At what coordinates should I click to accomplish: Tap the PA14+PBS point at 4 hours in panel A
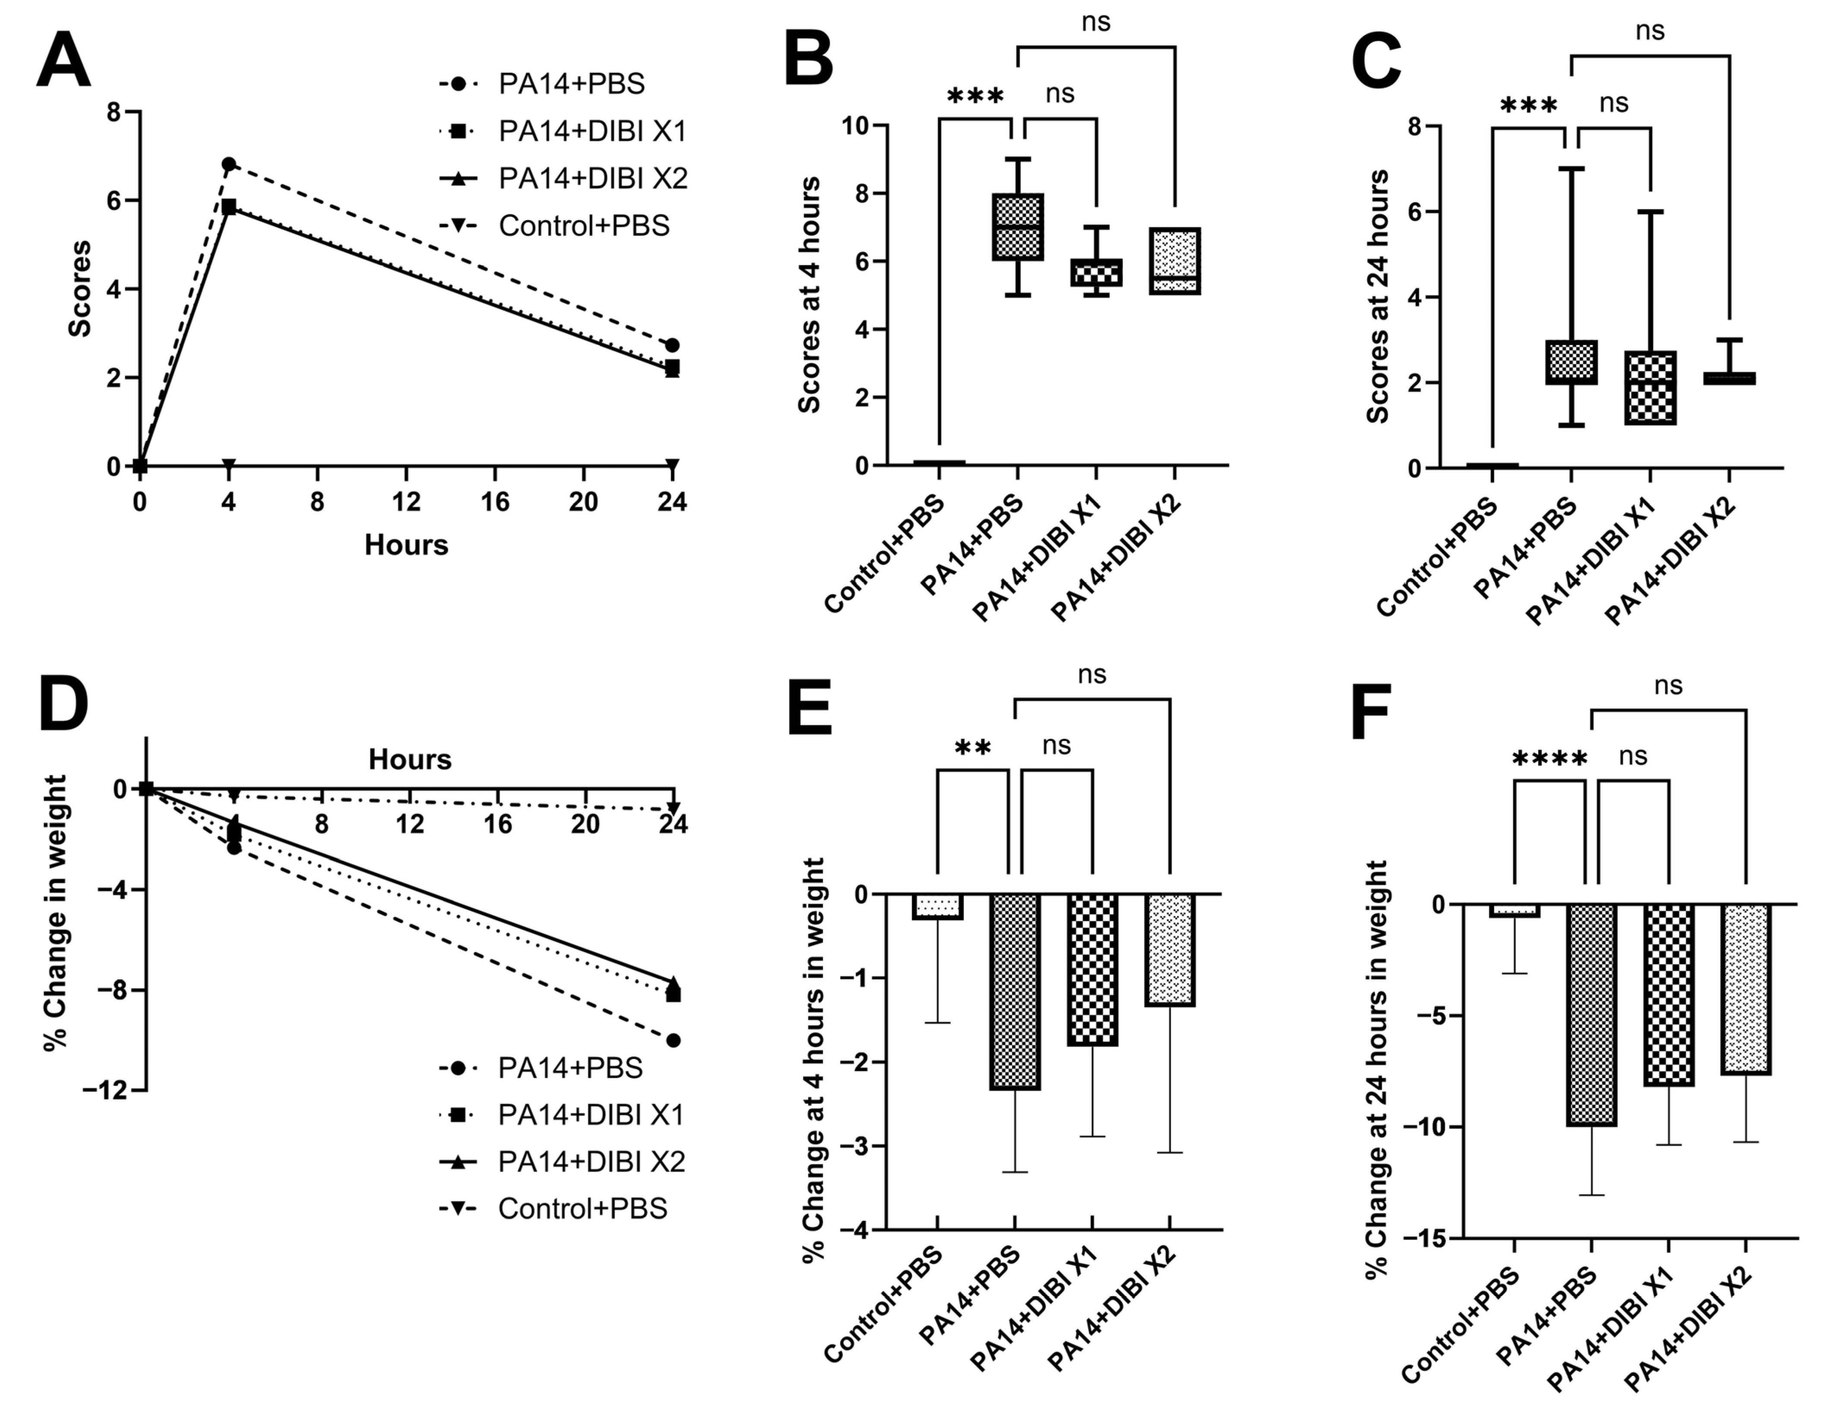coord(228,163)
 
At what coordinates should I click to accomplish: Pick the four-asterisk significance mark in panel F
coord(1549,759)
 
